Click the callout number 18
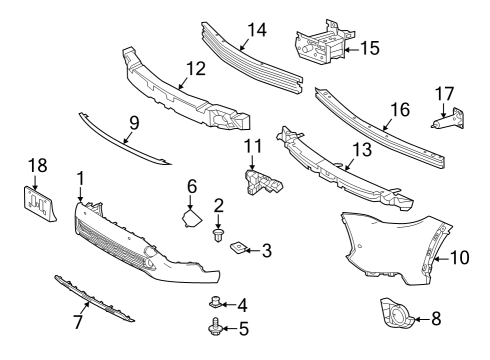(37, 166)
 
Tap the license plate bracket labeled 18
(37, 202)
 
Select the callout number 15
(369, 46)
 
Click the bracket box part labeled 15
(320, 46)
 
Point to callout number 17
(444, 96)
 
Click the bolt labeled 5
(215, 327)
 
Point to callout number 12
(195, 70)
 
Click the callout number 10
(459, 257)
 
